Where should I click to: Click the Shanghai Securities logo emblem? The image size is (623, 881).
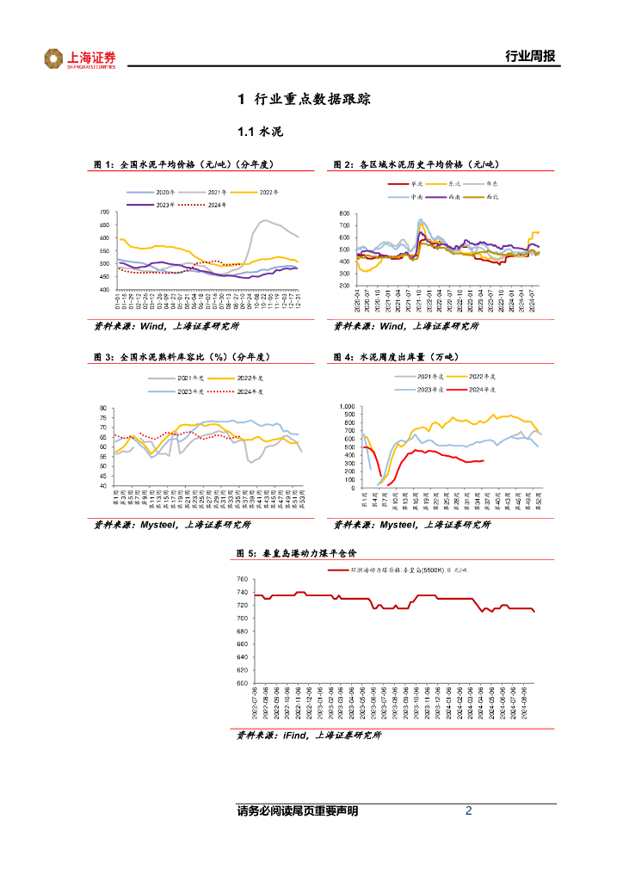coord(54,59)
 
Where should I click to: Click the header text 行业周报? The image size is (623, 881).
coord(529,58)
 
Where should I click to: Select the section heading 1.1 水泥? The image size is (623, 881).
coord(260,132)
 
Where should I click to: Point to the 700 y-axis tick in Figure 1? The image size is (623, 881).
coord(105,213)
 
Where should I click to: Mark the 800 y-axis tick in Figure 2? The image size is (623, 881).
coord(343,213)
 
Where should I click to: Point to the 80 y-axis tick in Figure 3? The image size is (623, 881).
coord(103,408)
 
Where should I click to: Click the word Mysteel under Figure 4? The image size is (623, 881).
coord(399,524)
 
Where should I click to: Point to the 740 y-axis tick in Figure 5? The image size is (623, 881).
coord(241,581)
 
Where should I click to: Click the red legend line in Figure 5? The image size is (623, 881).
coord(340,569)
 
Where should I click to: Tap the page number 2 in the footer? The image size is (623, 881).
coord(468,810)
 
